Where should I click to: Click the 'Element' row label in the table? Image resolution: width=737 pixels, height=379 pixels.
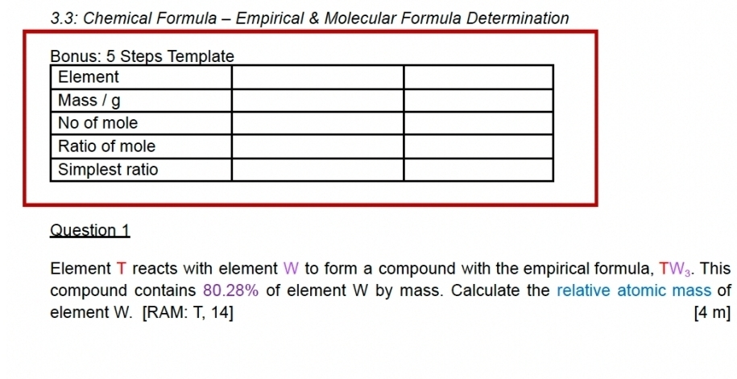pos(89,77)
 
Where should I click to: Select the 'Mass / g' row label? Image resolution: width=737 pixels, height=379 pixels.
pos(89,101)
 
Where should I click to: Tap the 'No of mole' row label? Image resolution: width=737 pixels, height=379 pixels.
pos(97,123)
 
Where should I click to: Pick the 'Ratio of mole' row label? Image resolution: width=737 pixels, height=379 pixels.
pos(106,146)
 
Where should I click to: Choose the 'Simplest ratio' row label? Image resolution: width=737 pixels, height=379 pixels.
pos(108,170)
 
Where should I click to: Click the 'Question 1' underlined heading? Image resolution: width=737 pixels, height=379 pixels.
pos(89,230)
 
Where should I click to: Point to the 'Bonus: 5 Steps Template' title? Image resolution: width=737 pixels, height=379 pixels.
pos(142,56)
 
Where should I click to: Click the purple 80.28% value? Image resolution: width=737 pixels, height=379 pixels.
pos(230,290)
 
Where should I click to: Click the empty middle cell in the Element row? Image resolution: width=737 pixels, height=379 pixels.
pos(317,77)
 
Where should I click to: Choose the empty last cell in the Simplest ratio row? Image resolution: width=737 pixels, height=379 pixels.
pos(478,170)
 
